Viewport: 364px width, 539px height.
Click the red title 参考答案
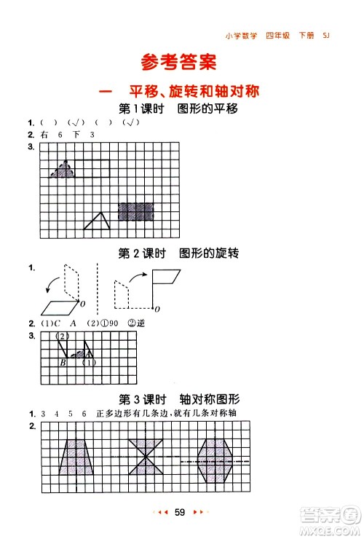pos(179,63)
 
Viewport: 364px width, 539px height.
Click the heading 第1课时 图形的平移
pos(179,109)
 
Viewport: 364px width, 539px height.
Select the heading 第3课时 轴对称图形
pos(179,398)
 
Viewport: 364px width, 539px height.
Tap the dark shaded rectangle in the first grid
pos(136,211)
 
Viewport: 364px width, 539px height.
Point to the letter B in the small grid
pos(63,362)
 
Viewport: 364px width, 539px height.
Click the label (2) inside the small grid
pos(63,336)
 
